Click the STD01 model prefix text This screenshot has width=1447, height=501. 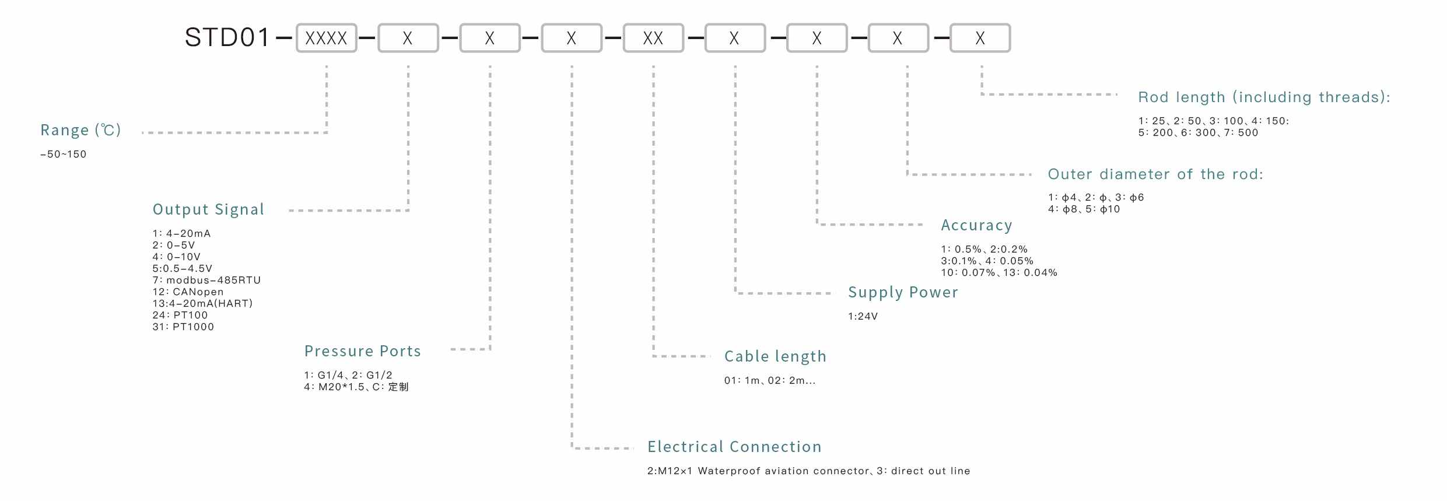(x=227, y=38)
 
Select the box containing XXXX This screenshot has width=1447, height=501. (x=326, y=38)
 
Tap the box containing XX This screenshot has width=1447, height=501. (x=653, y=38)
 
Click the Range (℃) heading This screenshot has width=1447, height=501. (x=80, y=130)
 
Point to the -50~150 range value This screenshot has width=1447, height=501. (x=63, y=154)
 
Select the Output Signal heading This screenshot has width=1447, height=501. (x=208, y=209)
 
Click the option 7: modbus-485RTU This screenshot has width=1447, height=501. (x=206, y=280)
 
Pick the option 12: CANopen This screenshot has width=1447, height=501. (x=188, y=292)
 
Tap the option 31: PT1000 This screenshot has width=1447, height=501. (x=183, y=327)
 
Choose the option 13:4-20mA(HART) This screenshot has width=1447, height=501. (x=202, y=303)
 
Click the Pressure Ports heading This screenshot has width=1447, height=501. (x=362, y=351)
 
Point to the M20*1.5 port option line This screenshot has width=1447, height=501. (x=356, y=387)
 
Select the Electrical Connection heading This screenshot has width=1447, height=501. (x=734, y=447)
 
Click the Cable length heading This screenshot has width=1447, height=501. (x=775, y=356)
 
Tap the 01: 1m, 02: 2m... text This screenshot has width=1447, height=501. (x=770, y=380)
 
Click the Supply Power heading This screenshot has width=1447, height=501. (x=903, y=292)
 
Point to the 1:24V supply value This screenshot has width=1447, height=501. (x=863, y=316)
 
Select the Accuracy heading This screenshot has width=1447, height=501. (x=976, y=225)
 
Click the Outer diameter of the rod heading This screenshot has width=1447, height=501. (x=1155, y=174)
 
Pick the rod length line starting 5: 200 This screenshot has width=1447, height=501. (x=1198, y=132)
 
